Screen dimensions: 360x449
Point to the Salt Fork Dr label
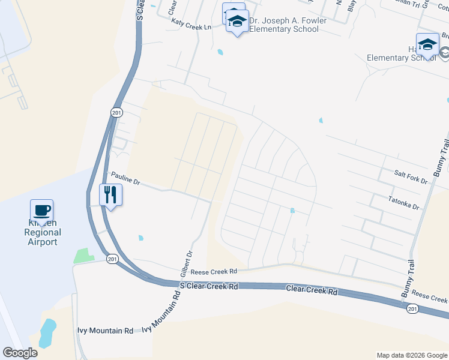411,176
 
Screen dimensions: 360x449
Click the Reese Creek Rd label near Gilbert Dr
214,272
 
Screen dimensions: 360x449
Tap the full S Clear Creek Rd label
209,286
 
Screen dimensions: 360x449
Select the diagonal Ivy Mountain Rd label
161,313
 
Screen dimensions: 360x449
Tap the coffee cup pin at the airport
41,211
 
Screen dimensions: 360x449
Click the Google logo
20,352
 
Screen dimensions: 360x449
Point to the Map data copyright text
412,355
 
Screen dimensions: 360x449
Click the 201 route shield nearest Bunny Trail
412,308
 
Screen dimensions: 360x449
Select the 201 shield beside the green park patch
112,259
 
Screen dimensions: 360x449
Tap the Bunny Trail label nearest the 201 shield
406,278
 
